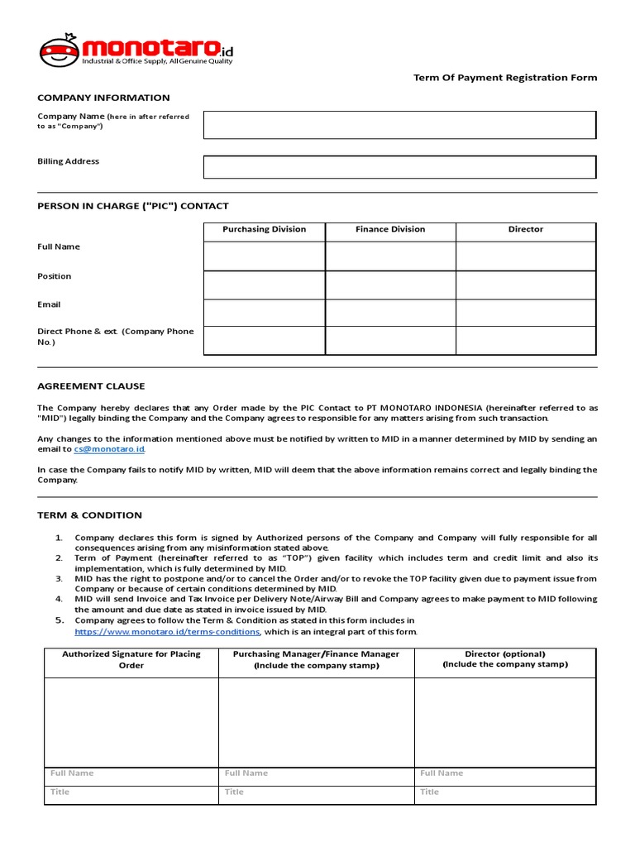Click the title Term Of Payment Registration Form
coord(505,78)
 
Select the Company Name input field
coord(399,125)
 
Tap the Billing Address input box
coord(399,166)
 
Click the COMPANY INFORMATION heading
coord(103,98)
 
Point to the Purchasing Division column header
coord(264,229)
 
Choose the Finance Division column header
coord(390,229)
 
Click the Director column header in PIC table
coord(525,229)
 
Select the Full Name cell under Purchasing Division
coord(264,256)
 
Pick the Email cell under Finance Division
coord(390,313)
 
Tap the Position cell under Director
coord(525,285)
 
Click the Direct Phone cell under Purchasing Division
coord(264,340)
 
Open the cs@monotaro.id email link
coord(109,449)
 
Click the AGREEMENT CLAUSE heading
coord(91,386)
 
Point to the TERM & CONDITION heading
coord(89,515)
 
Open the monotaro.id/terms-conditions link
coord(167,632)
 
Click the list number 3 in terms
coord(59,579)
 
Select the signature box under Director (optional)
coord(504,722)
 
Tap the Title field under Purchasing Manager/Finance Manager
coord(316,792)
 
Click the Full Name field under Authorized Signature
coord(131,773)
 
